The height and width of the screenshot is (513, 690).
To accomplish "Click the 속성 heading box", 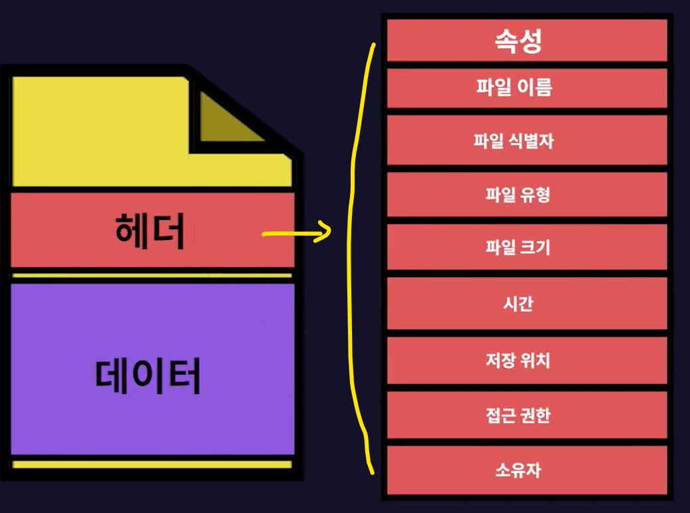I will (x=526, y=41).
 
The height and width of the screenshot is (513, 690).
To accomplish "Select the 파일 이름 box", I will (x=526, y=87).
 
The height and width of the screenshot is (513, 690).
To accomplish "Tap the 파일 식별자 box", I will (x=526, y=141).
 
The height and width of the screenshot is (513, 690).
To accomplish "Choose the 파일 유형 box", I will (x=526, y=195).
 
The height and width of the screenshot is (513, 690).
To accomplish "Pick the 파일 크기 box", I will (x=526, y=249).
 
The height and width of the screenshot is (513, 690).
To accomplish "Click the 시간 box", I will (x=526, y=304).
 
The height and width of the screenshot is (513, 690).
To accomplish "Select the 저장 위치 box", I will (x=526, y=361).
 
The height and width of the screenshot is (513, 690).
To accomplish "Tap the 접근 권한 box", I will (x=526, y=415).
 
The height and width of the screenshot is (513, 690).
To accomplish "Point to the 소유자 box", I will (x=526, y=470).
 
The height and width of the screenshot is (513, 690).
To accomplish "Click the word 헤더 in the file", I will (x=150, y=231).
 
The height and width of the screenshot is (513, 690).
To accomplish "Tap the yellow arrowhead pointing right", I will (x=323, y=232).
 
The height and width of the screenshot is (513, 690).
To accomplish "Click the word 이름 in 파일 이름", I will (x=538, y=87).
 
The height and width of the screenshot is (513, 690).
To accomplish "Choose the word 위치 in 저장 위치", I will (x=537, y=361).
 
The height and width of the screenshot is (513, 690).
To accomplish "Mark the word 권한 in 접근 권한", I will (x=537, y=415).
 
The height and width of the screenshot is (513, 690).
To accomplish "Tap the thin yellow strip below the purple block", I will (x=152, y=464).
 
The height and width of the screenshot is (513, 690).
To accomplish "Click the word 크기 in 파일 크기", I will (x=537, y=249).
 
